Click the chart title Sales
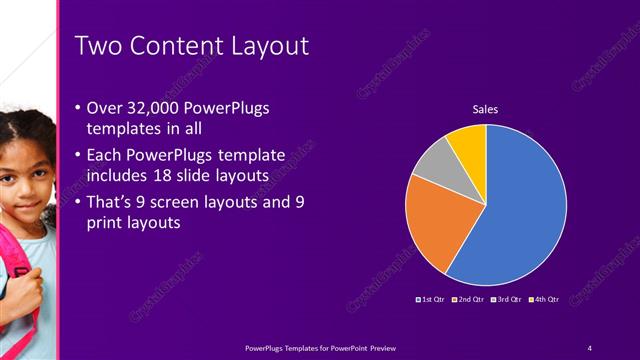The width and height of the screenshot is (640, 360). click(485, 109)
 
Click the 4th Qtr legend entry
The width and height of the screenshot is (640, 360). click(544, 299)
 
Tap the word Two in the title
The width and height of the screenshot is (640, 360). click(97, 46)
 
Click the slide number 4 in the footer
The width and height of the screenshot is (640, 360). click(590, 347)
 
